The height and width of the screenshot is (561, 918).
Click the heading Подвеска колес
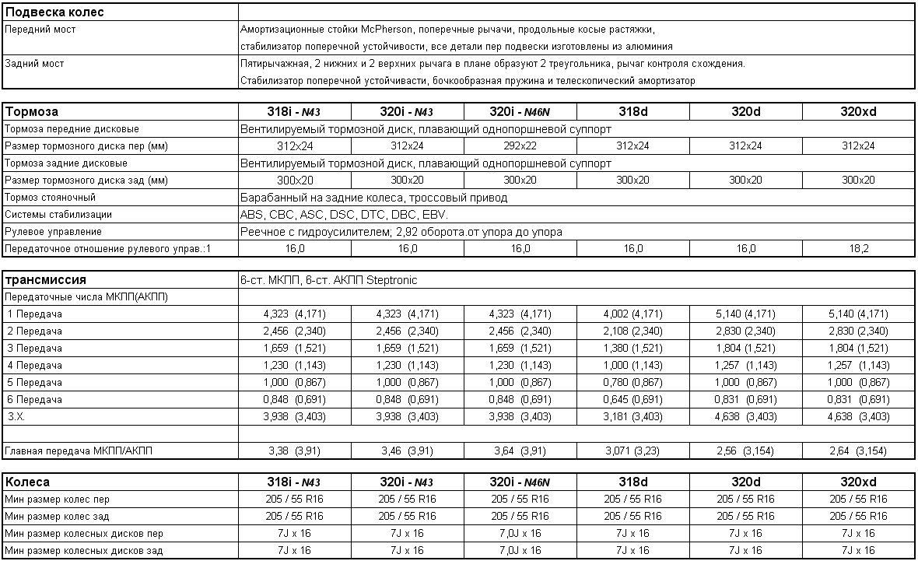[55, 12]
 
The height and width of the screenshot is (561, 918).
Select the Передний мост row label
[40, 30]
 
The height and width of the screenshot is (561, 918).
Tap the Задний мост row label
[35, 64]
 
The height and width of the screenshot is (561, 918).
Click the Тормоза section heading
[32, 112]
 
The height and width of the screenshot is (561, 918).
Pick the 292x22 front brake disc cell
[520, 146]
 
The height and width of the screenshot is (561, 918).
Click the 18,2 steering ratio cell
[859, 249]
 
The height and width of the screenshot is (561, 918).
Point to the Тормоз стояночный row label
[50, 198]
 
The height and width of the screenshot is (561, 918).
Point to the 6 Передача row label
[36, 400]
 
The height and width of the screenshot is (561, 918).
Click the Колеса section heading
[28, 482]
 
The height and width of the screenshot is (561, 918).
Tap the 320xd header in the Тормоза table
[859, 112]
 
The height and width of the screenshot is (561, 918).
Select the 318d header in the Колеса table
[632, 482]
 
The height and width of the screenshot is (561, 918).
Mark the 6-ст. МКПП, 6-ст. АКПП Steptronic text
[330, 280]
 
